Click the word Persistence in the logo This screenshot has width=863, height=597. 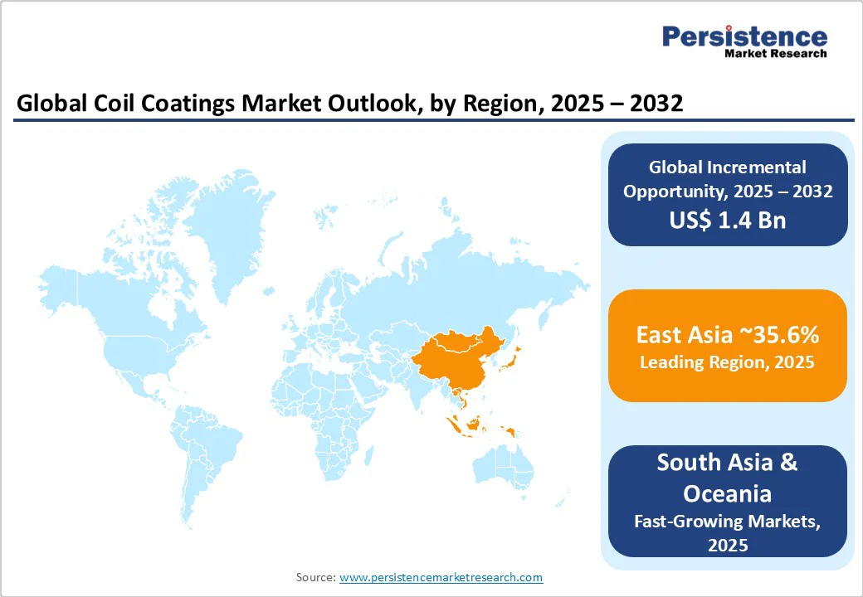point(744,36)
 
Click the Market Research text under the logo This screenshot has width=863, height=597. point(776,53)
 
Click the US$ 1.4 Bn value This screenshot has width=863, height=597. point(728,220)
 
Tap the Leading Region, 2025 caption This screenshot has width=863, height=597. point(727,362)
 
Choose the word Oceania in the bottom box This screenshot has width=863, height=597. point(727,493)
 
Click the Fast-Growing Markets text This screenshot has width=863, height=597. point(727,522)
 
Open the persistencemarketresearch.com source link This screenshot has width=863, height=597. point(441,577)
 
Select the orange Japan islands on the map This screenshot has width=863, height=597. point(510,357)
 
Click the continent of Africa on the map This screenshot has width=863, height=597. point(324,412)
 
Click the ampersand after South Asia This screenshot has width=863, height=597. point(788,463)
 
